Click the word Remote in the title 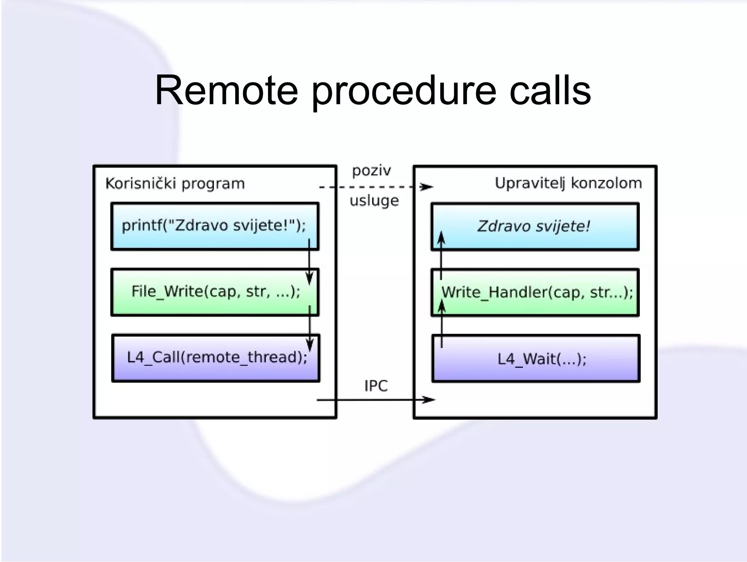click(226, 90)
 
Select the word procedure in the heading click(403, 91)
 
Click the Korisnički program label click(175, 183)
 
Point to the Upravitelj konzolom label click(568, 183)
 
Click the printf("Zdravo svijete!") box click(214, 226)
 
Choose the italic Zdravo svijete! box click(534, 226)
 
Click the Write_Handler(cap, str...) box click(535, 293)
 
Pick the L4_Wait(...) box click(535, 359)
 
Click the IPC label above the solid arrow click(376, 386)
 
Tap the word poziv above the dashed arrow click(371, 171)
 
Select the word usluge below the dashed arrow click(374, 201)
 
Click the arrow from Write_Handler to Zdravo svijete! click(441, 256)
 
